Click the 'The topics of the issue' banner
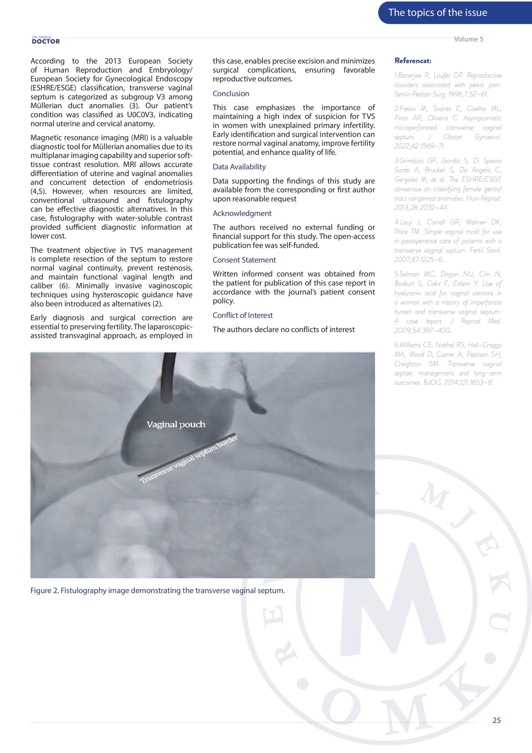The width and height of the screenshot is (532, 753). [x=437, y=12]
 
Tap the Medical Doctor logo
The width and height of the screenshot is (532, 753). [x=46, y=40]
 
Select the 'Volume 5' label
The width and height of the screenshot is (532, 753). [x=468, y=39]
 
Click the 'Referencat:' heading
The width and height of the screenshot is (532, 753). [x=413, y=61]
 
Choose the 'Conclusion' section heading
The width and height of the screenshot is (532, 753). [x=231, y=94]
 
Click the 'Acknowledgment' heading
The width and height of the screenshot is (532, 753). [x=242, y=213]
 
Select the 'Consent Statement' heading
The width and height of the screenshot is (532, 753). [x=244, y=260]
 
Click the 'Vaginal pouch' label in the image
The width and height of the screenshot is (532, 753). [x=176, y=424]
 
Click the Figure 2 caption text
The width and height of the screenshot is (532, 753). [x=157, y=590]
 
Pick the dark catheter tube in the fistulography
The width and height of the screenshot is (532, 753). [x=168, y=377]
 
